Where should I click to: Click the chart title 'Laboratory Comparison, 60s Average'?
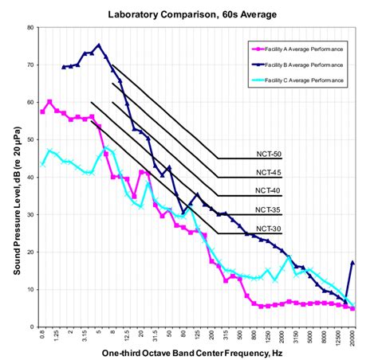tap(196, 14)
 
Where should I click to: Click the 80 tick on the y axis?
tap(30, 27)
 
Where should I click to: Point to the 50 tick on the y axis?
tap(30, 139)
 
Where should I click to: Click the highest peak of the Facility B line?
tap(99, 45)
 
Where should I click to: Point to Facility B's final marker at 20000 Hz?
tap(352, 262)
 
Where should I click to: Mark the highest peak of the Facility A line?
tap(49, 101)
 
